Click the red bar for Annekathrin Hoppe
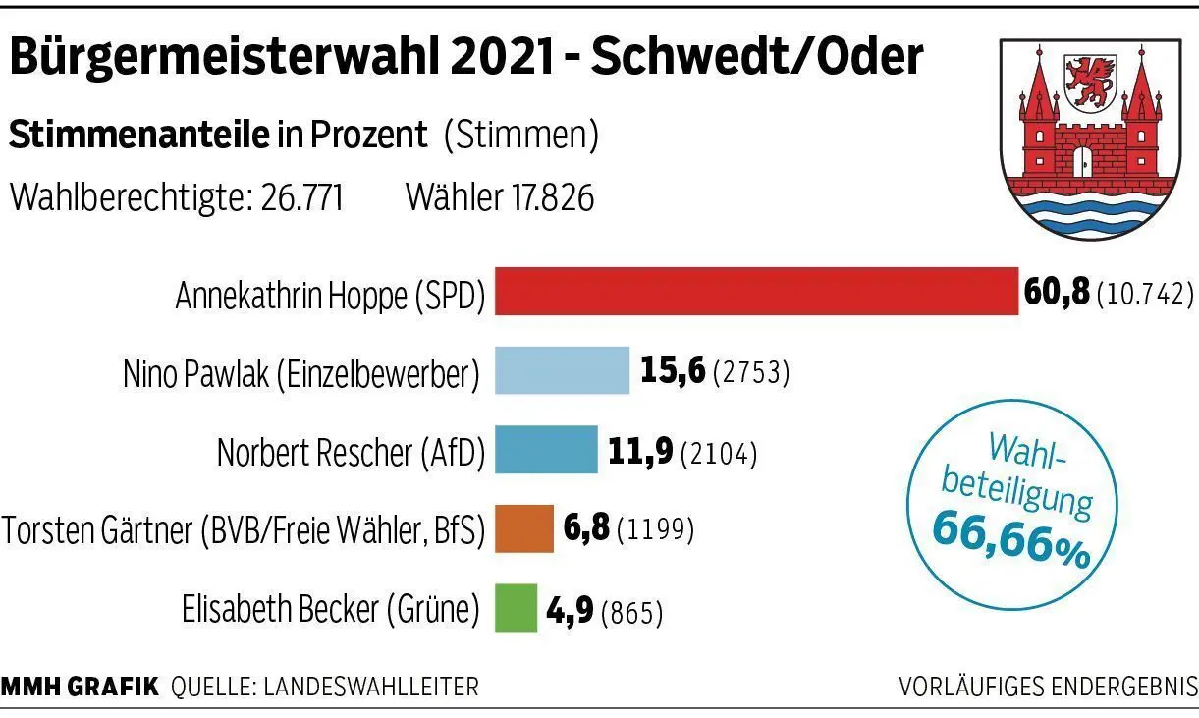tap(756, 292)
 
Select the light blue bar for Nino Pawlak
tap(562, 370)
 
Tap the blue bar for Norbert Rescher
tap(545, 450)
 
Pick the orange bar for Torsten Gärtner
tap(523, 529)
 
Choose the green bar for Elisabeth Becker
tap(516, 608)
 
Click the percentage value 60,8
tap(1057, 292)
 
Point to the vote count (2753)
tap(751, 373)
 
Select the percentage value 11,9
tap(639, 451)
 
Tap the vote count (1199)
tap(655, 531)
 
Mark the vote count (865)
tap(631, 612)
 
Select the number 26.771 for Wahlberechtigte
tap(301, 198)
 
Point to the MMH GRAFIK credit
tap(80, 687)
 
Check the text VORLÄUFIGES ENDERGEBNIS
tap(1048, 687)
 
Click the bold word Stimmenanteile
tap(138, 136)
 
